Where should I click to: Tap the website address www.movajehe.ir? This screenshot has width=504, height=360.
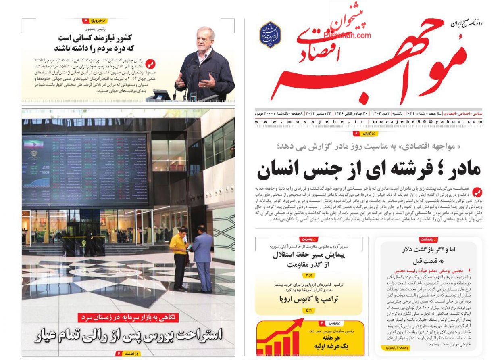click(310, 122)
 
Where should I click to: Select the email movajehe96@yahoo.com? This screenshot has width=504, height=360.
click(427, 122)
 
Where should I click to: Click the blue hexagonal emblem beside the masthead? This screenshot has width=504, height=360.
click(270, 35)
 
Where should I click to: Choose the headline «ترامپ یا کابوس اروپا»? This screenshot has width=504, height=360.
click(308, 299)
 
